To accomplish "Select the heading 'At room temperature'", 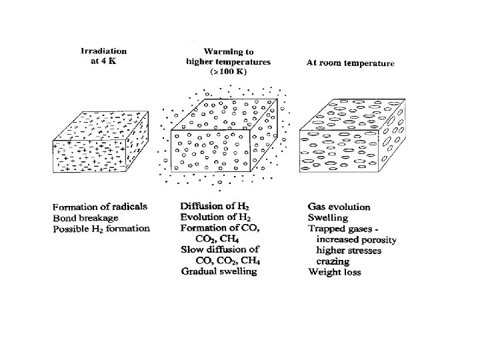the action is pyautogui.click(x=350, y=64).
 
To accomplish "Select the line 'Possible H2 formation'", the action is pyautogui.click(x=101, y=229).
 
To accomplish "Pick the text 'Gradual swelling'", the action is pyautogui.click(x=219, y=271).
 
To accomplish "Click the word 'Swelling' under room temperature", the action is pyautogui.click(x=328, y=218).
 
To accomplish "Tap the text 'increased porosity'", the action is pyautogui.click(x=357, y=239).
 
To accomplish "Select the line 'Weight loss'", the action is pyautogui.click(x=335, y=271).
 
